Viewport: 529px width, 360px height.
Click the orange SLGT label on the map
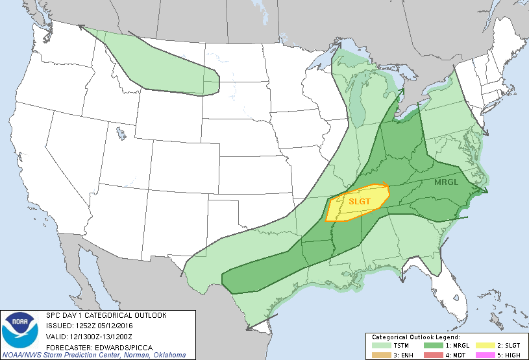tap(360, 201)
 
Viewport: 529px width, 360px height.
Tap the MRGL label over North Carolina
tap(446, 182)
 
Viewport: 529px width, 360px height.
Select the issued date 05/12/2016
tap(116, 325)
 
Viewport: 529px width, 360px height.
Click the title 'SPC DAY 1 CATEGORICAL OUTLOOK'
tap(106, 315)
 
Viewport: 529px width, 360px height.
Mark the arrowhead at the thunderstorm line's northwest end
tap(82, 27)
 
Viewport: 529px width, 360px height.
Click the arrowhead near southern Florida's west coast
tap(402, 279)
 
